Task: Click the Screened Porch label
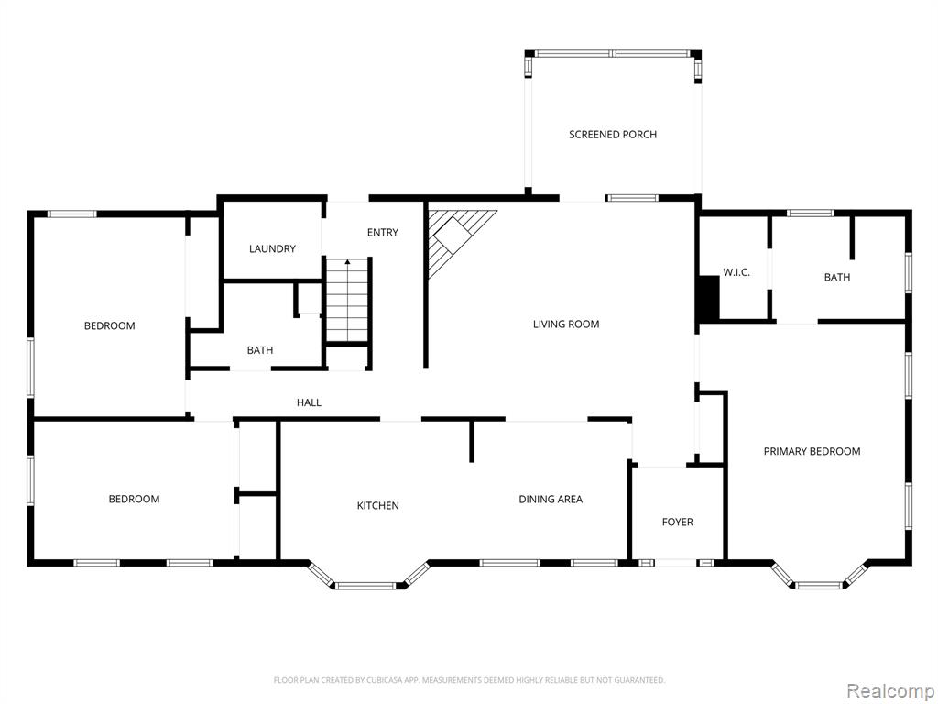click(613, 135)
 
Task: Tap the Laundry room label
click(272, 248)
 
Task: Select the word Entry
click(382, 232)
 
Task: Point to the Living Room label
click(566, 324)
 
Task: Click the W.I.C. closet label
click(736, 272)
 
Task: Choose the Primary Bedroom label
click(812, 451)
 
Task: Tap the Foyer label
click(677, 522)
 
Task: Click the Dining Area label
click(551, 500)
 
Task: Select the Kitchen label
click(377, 506)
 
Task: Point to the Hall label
click(309, 403)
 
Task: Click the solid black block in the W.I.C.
click(709, 298)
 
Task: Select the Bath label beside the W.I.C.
click(837, 277)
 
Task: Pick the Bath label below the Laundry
click(259, 350)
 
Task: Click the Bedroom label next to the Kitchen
click(134, 500)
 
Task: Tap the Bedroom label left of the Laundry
click(110, 326)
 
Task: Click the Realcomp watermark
click(889, 691)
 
